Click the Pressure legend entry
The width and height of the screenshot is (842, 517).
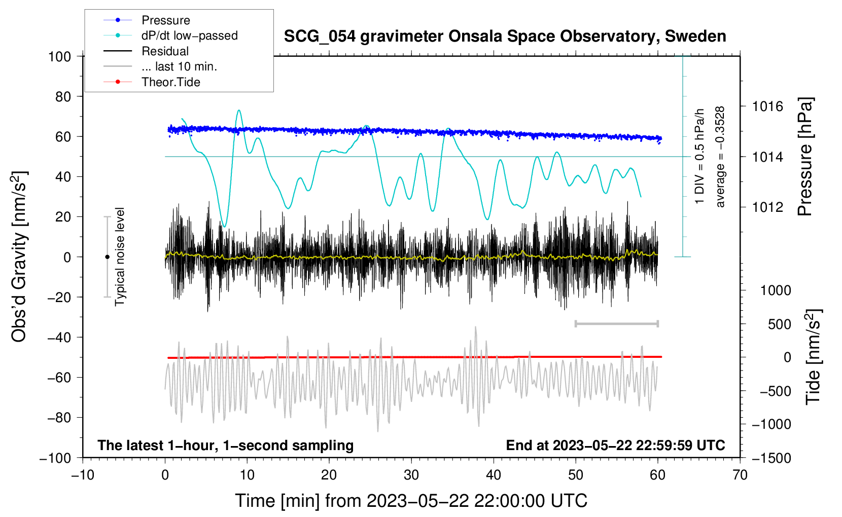(x=165, y=20)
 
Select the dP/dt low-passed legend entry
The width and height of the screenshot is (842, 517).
(x=189, y=35)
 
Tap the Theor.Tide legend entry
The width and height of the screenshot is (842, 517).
(x=170, y=82)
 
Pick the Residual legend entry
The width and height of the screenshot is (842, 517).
(x=165, y=51)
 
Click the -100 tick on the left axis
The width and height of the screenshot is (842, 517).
(x=56, y=458)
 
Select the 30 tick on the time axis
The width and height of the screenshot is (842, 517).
(x=411, y=475)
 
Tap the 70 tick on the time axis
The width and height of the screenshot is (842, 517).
(x=740, y=475)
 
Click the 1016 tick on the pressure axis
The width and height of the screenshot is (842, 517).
(x=767, y=106)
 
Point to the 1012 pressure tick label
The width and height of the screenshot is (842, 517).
(x=767, y=207)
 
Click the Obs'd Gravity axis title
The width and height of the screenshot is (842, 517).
(x=19, y=257)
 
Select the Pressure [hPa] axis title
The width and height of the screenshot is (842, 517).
(x=805, y=157)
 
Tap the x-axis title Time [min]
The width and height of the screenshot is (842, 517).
(x=411, y=501)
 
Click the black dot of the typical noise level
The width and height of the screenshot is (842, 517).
(x=107, y=257)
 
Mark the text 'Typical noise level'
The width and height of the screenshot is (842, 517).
(x=120, y=257)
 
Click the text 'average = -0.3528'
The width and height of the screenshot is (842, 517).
(x=720, y=157)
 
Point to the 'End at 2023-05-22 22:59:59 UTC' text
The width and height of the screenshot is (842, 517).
(x=615, y=445)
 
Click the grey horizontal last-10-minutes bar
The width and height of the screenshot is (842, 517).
(x=616, y=323)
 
